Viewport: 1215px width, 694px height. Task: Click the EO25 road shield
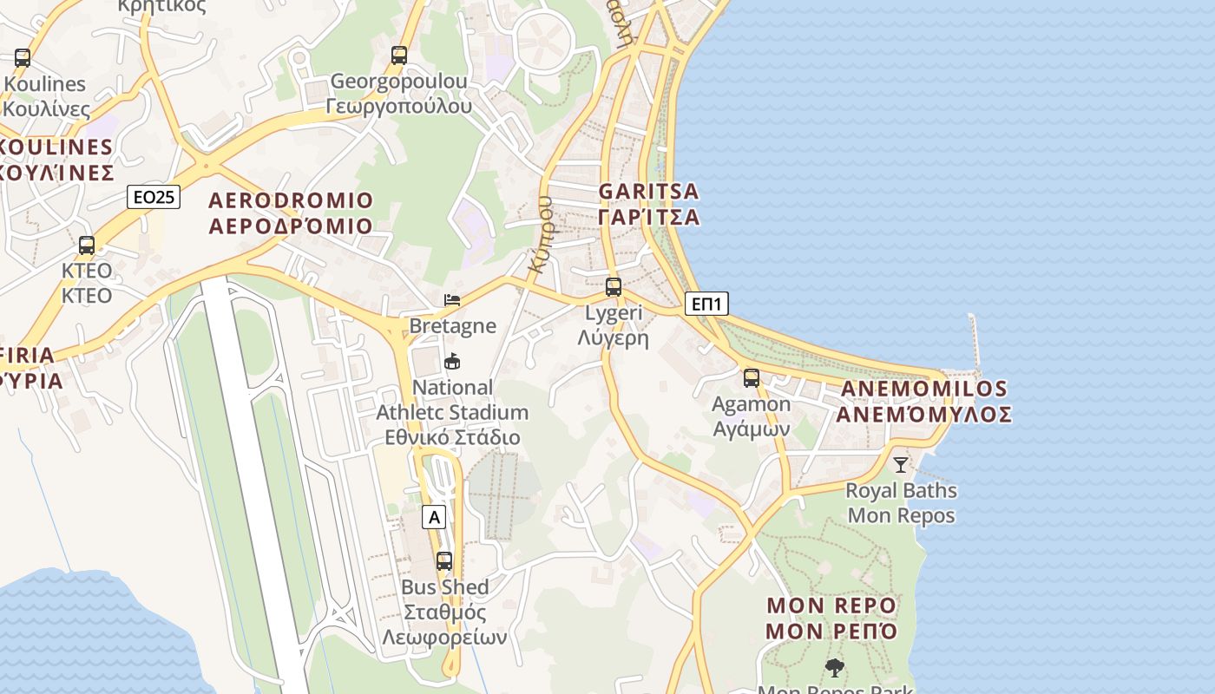click(x=154, y=197)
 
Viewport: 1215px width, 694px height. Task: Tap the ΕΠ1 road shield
click(x=707, y=304)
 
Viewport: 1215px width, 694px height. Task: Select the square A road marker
click(x=434, y=518)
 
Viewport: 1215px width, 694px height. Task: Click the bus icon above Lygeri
click(x=614, y=286)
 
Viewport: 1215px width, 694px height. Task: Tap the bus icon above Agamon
click(x=752, y=378)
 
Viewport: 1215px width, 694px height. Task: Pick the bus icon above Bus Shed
click(x=444, y=561)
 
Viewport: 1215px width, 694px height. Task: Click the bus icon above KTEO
click(x=87, y=246)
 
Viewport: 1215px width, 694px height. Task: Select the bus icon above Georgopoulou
click(x=399, y=56)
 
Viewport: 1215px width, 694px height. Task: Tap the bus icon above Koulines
click(x=23, y=58)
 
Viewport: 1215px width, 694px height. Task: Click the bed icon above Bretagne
click(x=452, y=300)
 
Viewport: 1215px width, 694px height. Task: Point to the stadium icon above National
click(x=452, y=362)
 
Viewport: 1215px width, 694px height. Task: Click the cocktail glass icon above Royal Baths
click(x=901, y=465)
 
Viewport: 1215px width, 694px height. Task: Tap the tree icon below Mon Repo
click(x=834, y=668)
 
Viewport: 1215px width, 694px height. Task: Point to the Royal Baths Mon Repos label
click(x=901, y=503)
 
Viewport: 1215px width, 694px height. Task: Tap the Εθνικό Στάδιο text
click(x=452, y=437)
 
